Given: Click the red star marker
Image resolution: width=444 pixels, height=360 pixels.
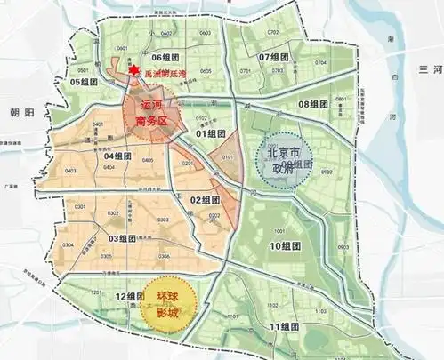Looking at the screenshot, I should [x=133, y=71].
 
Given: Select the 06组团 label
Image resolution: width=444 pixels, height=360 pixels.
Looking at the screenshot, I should [x=166, y=57].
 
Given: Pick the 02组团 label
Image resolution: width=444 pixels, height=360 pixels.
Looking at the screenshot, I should [x=205, y=202].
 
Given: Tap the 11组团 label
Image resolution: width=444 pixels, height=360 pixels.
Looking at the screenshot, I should [x=285, y=327].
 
